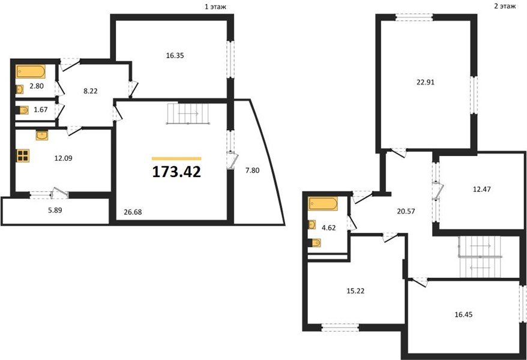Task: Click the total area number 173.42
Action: (176, 172)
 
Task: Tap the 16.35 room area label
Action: (175, 56)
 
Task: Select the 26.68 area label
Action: (133, 212)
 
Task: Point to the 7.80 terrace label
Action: (252, 170)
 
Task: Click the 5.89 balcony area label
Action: (55, 211)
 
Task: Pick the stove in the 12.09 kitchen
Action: (23, 155)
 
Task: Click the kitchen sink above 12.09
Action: (42, 136)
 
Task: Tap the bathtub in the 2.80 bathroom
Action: (31, 71)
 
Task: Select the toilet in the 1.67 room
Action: (23, 110)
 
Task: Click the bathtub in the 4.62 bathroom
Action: (323, 204)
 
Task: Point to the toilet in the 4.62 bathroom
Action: (315, 242)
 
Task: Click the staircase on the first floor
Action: (188, 114)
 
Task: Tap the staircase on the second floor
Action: (480, 257)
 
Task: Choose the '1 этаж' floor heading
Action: (215, 7)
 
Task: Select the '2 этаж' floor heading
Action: (505, 6)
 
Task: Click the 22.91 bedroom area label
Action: (426, 82)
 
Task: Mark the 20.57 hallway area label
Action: (406, 211)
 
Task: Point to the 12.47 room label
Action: (481, 189)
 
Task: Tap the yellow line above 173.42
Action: (176, 158)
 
